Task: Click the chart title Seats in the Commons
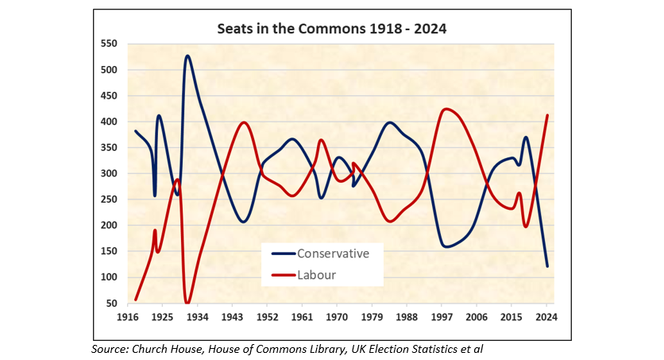point(332,29)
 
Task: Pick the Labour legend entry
point(316,275)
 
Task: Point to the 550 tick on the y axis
point(109,44)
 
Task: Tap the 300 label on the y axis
point(109,173)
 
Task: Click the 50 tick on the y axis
point(112,303)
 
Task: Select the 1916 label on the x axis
point(127,317)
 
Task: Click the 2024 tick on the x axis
point(546,317)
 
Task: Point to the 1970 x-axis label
point(337,317)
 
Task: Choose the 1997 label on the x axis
point(442,317)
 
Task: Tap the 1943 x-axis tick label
point(232,317)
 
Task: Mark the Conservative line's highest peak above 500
point(187,56)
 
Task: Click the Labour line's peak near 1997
point(447,109)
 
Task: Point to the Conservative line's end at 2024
point(547,265)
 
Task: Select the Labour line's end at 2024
point(547,116)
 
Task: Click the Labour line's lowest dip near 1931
point(187,302)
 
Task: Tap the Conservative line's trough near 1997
point(446,246)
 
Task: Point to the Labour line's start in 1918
point(136,299)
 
